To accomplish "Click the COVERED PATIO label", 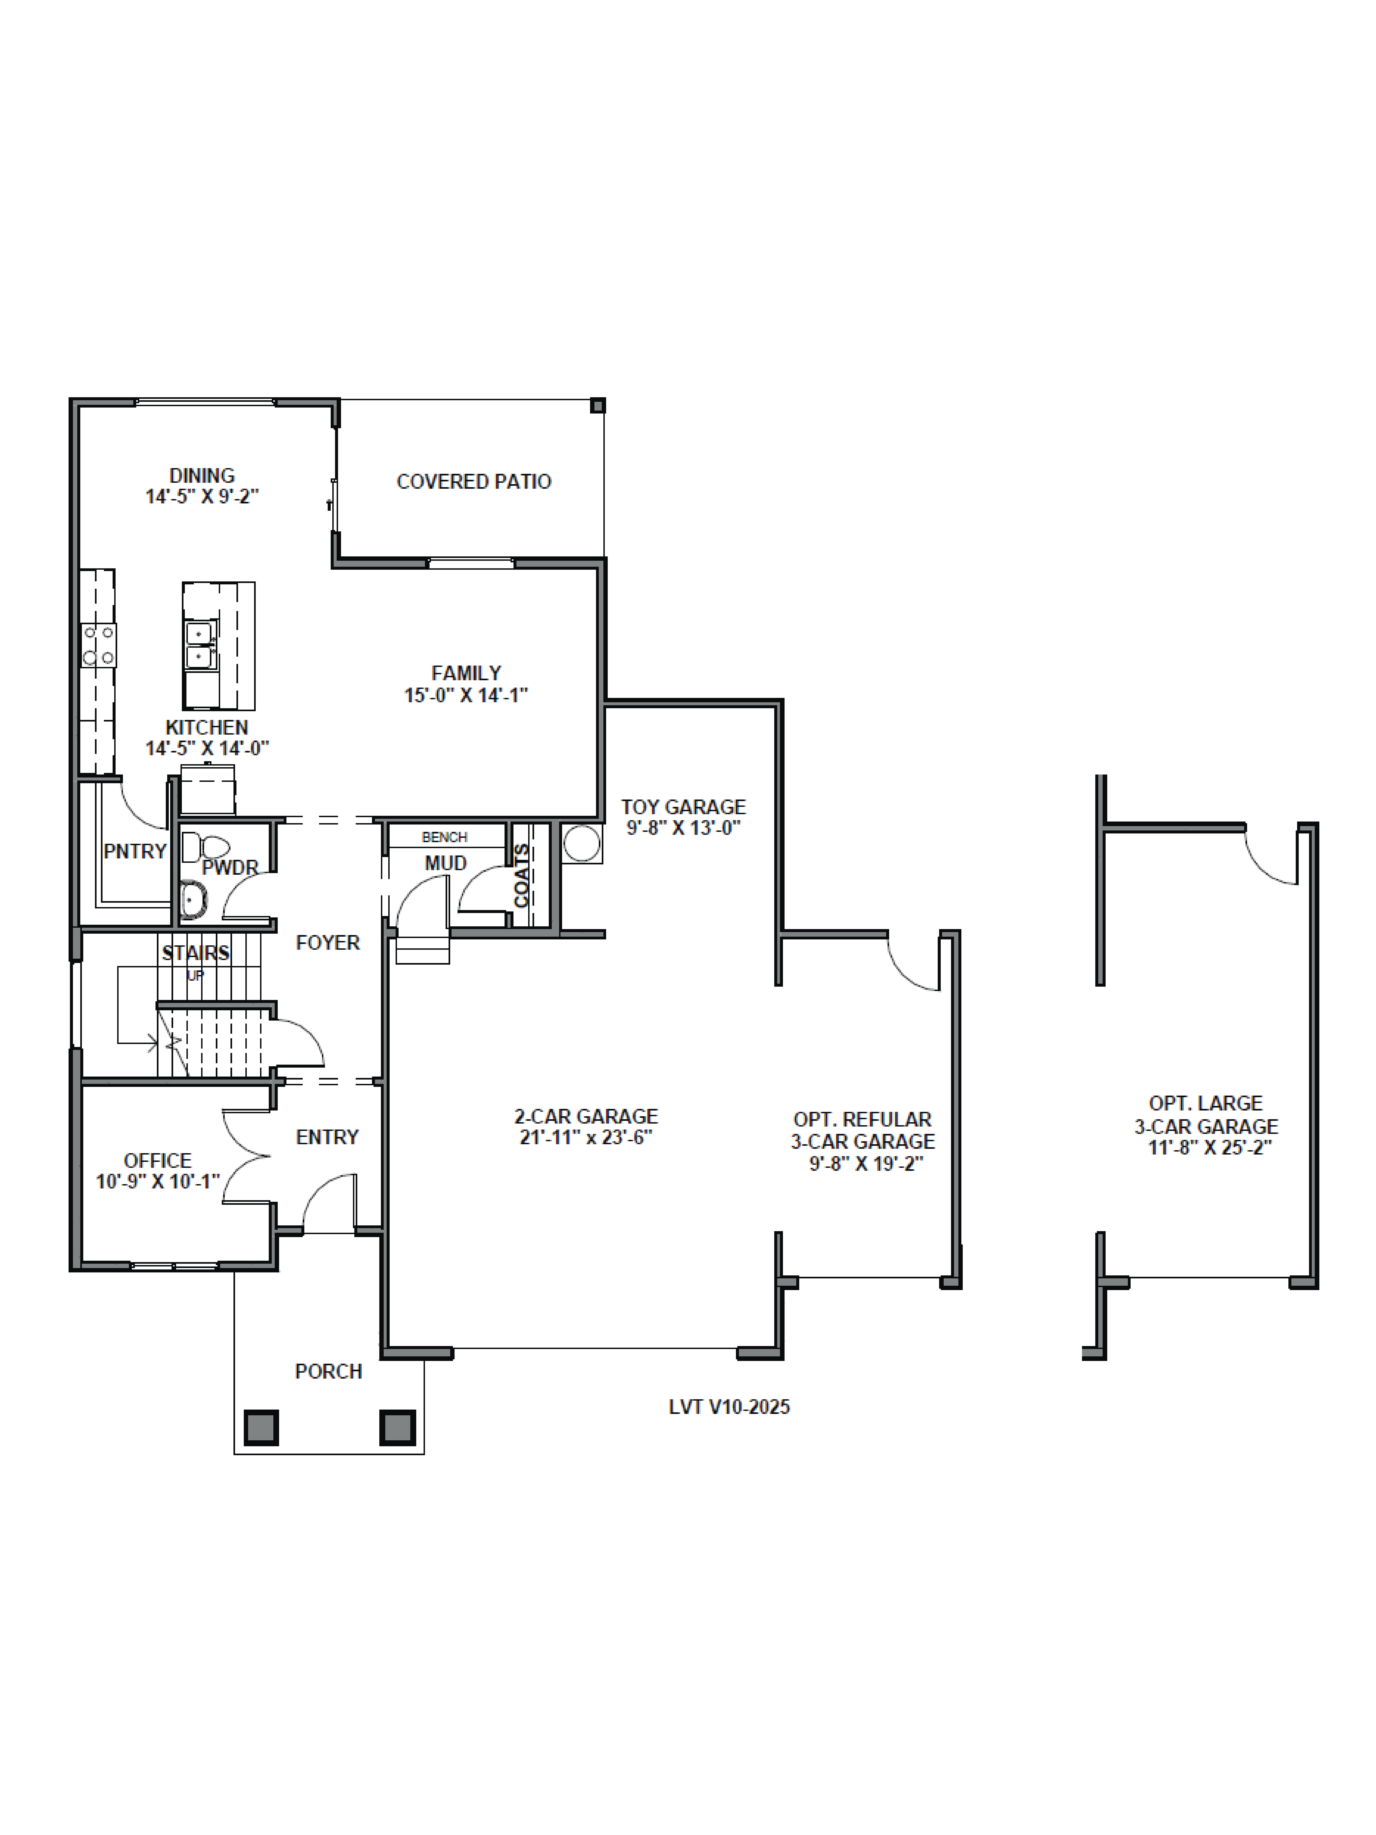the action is point(474,482).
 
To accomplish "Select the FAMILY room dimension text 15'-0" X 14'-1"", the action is point(466,695).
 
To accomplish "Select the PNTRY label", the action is point(135,851).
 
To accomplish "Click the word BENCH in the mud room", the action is point(445,837).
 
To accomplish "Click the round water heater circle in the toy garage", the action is point(581,844).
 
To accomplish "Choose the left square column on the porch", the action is point(261,1428).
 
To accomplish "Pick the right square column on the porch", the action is point(397,1428).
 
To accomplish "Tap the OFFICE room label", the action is point(158,1160).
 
